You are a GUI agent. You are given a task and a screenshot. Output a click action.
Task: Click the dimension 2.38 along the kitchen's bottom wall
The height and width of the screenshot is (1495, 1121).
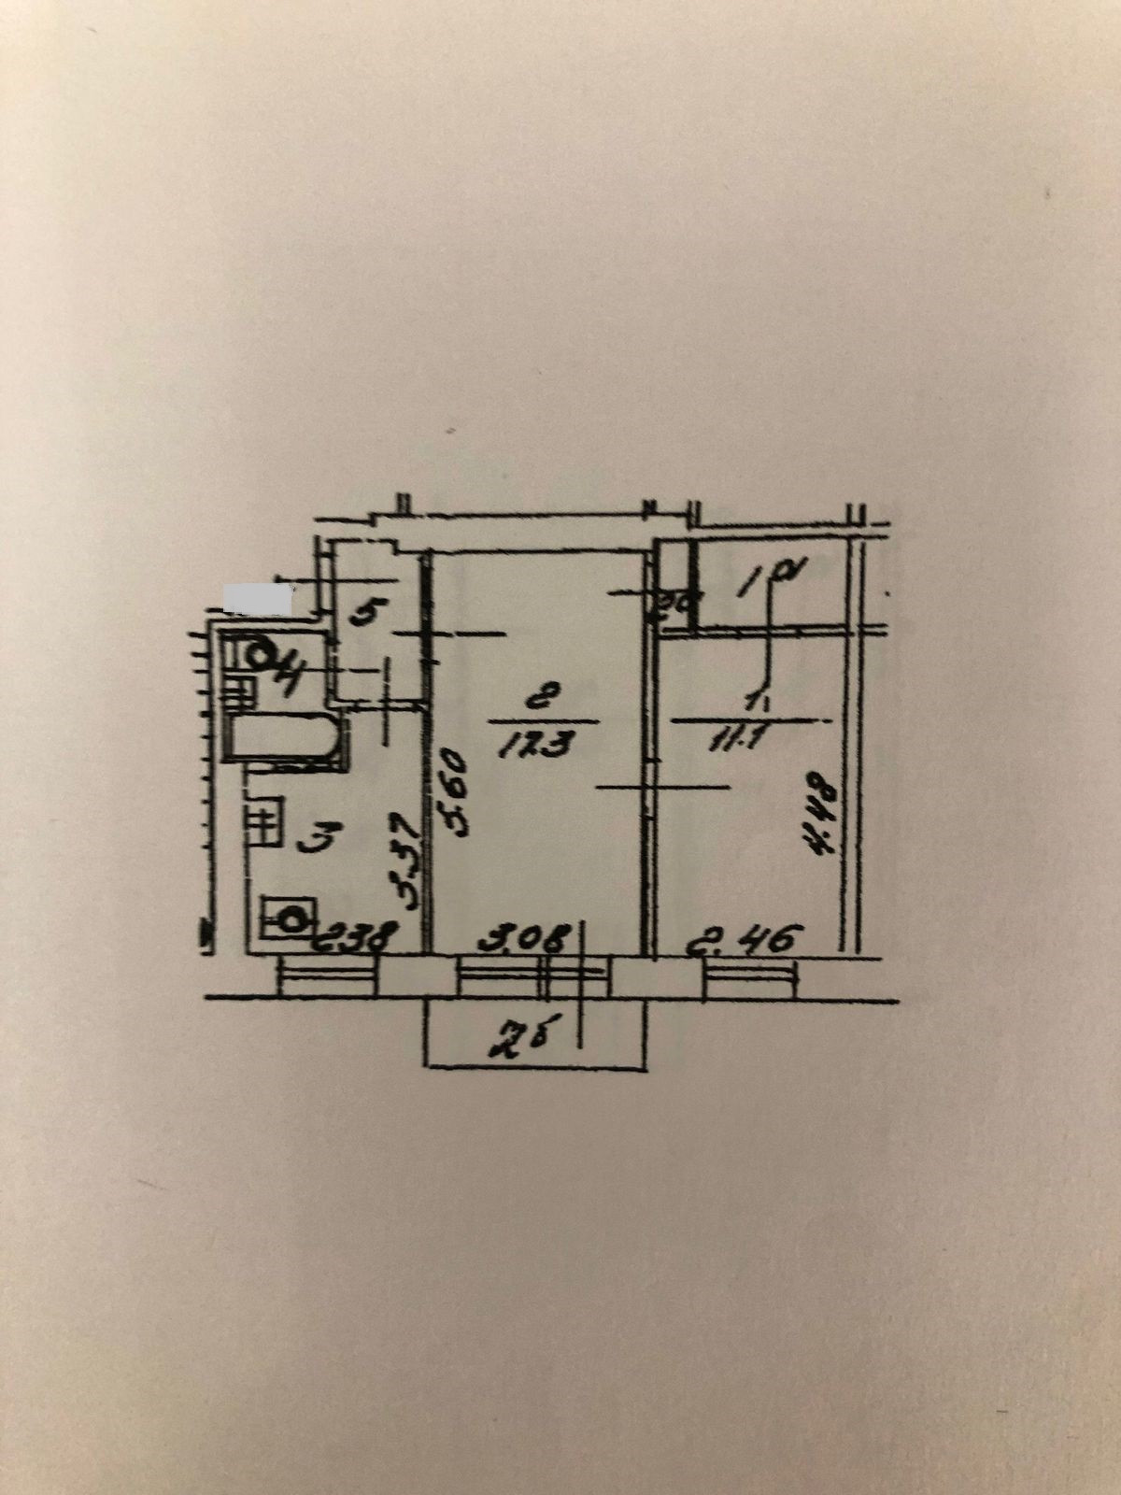359,938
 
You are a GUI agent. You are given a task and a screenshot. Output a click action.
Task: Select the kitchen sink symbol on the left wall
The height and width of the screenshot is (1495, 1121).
265,820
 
